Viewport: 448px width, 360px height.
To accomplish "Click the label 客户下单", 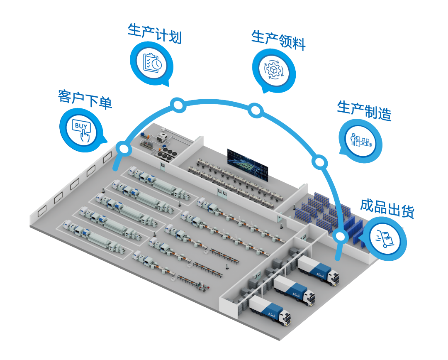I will pyautogui.click(x=85, y=99).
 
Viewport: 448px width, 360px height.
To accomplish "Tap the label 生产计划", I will pyautogui.click(x=155, y=34).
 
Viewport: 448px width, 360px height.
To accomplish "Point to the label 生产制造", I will pyautogui.click(x=364, y=110).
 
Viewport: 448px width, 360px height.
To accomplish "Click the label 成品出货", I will pyautogui.click(x=387, y=208).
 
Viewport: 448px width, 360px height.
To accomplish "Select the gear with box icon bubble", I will pyautogui.click(x=274, y=69).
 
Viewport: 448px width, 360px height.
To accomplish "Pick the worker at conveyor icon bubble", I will pyautogui.click(x=360, y=140).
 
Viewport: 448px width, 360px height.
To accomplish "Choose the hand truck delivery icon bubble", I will pyautogui.click(x=385, y=239).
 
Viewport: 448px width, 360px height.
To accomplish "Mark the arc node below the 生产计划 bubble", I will pyautogui.click(x=178, y=105).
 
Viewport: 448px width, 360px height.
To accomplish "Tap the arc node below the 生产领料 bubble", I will pyautogui.click(x=256, y=110).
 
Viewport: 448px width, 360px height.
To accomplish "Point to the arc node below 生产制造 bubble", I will pyautogui.click(x=320, y=162).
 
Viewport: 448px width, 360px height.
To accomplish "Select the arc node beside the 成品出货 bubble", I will pyautogui.click(x=340, y=237).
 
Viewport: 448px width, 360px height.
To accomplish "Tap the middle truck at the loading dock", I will pyautogui.click(x=295, y=289).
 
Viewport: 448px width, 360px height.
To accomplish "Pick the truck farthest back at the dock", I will pyautogui.click(x=319, y=270).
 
